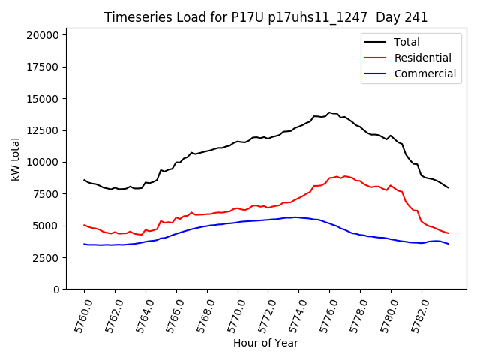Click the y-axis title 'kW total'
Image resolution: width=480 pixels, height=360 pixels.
click(x=15, y=159)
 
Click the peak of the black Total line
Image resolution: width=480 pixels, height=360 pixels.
click(x=329, y=112)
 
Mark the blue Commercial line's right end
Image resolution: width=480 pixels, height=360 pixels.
click(x=448, y=244)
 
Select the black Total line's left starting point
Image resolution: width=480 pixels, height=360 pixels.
click(x=84, y=180)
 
